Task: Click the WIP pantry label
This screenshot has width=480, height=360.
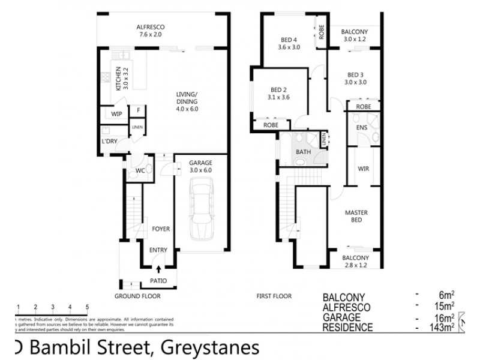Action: pyautogui.click(x=116, y=113)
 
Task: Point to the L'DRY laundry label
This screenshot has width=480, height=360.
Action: pyautogui.click(x=110, y=142)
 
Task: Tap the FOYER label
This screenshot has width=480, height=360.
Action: pyautogui.click(x=160, y=229)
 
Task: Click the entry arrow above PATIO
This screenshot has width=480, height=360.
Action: pyautogui.click(x=158, y=270)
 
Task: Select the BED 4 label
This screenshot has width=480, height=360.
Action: pyautogui.click(x=289, y=41)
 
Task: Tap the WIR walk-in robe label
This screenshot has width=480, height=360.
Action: pyautogui.click(x=363, y=169)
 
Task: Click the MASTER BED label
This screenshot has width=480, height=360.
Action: pyautogui.click(x=356, y=217)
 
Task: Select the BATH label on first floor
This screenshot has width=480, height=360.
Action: pyautogui.click(x=303, y=152)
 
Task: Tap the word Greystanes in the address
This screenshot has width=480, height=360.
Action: pyautogui.click(x=208, y=347)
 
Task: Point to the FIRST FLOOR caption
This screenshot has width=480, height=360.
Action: pyautogui.click(x=274, y=296)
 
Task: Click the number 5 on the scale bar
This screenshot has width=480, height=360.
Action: pyautogui.click(x=88, y=307)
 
